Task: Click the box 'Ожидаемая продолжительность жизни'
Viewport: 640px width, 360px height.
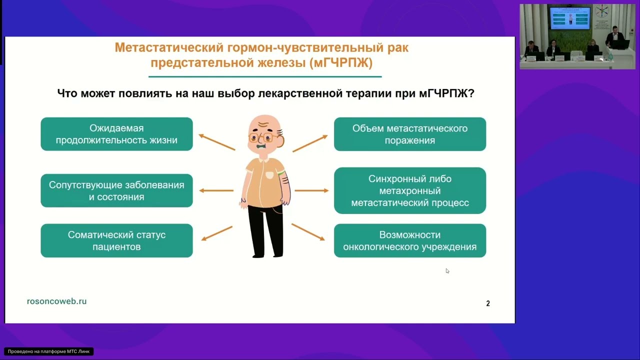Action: (116, 134)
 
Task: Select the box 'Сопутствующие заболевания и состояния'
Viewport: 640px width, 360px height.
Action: (116, 190)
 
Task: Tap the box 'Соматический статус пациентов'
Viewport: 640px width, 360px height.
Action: (116, 240)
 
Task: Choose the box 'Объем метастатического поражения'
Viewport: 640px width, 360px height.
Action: (410, 134)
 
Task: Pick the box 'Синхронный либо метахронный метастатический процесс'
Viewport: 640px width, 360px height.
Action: (410, 190)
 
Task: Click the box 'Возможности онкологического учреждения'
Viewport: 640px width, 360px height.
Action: (410, 240)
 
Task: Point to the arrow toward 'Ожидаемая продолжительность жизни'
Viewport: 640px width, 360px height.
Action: (216, 142)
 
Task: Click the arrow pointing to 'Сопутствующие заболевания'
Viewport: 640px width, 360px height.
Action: (216, 190)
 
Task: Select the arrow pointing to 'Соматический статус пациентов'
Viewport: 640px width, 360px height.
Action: (216, 233)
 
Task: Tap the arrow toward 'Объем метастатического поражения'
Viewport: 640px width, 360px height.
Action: (310, 143)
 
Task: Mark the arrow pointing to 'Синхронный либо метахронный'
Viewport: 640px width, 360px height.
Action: (311, 190)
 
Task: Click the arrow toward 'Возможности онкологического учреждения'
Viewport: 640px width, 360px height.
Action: (308, 232)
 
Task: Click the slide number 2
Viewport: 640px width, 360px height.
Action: (488, 303)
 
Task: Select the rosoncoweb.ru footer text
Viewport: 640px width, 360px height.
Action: (56, 301)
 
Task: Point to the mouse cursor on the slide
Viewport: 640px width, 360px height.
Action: (447, 270)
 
